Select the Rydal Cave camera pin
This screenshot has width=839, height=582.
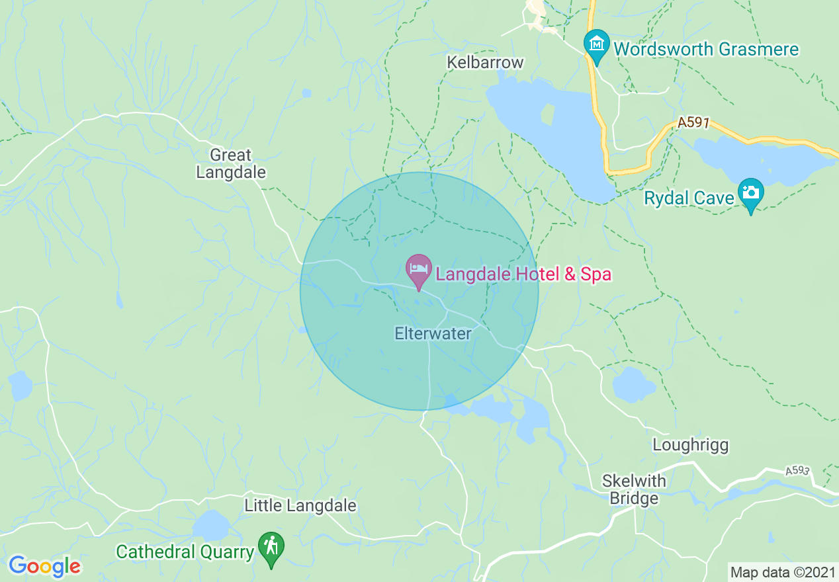(x=751, y=194)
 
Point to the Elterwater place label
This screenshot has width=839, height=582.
(x=433, y=333)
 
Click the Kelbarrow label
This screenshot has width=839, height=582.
(x=485, y=62)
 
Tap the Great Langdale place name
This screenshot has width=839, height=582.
(x=230, y=163)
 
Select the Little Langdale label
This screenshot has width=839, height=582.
(x=300, y=506)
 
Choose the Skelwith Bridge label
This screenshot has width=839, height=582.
(x=634, y=489)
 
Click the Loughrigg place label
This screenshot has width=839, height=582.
(x=690, y=445)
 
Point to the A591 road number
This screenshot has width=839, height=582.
(x=693, y=123)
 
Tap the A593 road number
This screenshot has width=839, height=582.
(x=797, y=471)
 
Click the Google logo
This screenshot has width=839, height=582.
(x=44, y=565)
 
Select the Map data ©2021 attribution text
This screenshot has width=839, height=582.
(x=781, y=571)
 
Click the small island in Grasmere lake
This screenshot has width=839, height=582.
(x=547, y=114)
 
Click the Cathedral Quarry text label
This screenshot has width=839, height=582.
(x=185, y=552)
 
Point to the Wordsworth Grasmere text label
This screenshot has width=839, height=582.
(x=706, y=49)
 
